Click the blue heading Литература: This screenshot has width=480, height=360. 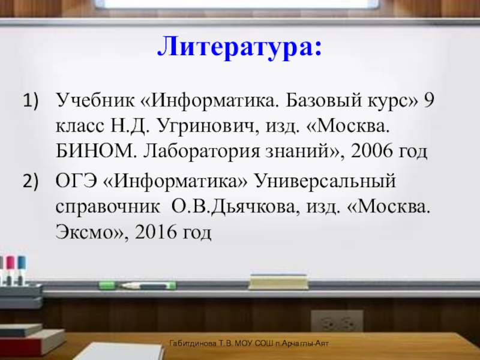239,47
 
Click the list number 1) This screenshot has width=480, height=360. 31,100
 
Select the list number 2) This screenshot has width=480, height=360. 31,181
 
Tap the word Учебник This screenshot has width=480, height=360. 95,100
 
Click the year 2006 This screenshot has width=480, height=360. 371,151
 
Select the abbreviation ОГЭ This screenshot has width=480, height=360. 77,181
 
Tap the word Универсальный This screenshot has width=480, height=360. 325,181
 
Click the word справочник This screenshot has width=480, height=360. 108,207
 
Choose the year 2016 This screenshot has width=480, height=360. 155,232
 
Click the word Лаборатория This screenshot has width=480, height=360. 201,152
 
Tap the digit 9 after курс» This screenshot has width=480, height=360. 429,100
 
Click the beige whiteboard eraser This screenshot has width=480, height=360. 278,281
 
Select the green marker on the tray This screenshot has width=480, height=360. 137,286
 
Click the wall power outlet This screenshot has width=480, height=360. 337,322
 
